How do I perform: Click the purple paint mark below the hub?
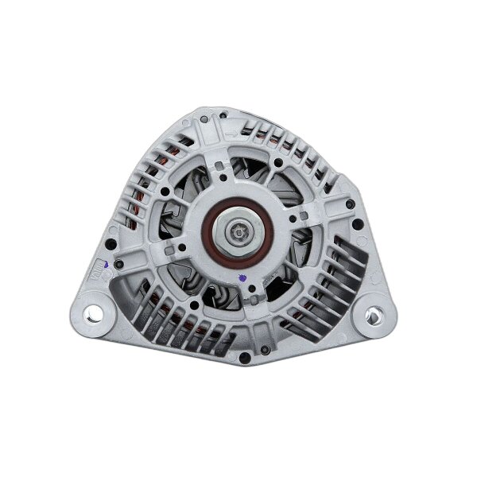(x=241, y=277)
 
